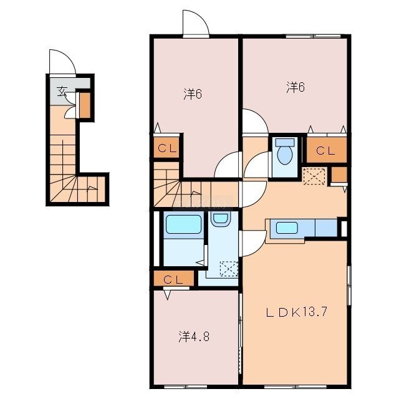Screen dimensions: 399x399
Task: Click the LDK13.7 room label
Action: click(297, 312)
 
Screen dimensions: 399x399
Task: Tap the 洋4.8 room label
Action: click(194, 337)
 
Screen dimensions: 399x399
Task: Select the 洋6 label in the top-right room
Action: click(295, 87)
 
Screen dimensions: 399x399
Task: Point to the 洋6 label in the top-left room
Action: click(193, 94)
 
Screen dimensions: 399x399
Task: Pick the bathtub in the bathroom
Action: click(183, 224)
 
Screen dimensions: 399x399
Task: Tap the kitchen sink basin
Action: click(287, 227)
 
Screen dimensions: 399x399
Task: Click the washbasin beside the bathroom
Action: click(220, 219)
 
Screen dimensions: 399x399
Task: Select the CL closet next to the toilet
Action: click(327, 150)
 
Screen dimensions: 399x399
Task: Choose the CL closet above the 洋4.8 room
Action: click(173, 279)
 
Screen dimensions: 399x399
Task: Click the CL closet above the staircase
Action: click(166, 148)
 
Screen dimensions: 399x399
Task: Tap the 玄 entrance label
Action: click(62, 92)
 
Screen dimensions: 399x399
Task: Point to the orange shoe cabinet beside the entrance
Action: click(85, 105)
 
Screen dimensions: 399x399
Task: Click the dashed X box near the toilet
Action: click(314, 176)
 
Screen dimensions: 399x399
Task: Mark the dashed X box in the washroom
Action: click(229, 269)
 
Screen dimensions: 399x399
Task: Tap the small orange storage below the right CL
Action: click(339, 175)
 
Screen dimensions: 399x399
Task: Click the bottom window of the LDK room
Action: click(295, 387)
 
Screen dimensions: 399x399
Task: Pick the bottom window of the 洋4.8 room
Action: click(186, 387)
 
